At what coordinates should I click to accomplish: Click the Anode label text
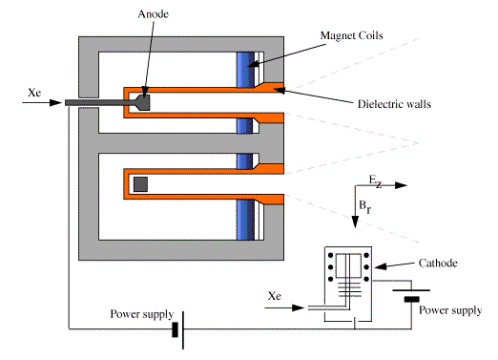point(153,14)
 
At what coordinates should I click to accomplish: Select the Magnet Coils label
point(351,35)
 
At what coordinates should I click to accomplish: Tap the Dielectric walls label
point(394,104)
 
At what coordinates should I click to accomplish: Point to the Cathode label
point(438,263)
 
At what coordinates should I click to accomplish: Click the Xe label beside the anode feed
point(34,93)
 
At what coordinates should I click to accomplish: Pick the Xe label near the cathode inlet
point(275,296)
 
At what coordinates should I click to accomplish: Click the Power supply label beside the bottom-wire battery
point(142,314)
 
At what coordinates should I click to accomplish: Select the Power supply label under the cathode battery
point(450,310)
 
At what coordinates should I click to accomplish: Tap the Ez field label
point(375,180)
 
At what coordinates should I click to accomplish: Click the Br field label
point(365,206)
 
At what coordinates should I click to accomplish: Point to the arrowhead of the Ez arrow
point(402,185)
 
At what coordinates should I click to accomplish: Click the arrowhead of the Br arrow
point(355,222)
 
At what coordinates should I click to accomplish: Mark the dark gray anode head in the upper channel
point(142,102)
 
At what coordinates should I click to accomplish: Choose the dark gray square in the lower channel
point(140,184)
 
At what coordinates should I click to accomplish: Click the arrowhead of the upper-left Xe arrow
point(56,102)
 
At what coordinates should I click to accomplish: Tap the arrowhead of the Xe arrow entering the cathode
point(299,307)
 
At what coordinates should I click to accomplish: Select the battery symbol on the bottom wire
point(178,329)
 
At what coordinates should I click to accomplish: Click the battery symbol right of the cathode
point(411,295)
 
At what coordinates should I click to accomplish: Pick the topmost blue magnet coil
point(245,70)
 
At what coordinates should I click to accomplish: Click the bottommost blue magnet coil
point(245,220)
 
